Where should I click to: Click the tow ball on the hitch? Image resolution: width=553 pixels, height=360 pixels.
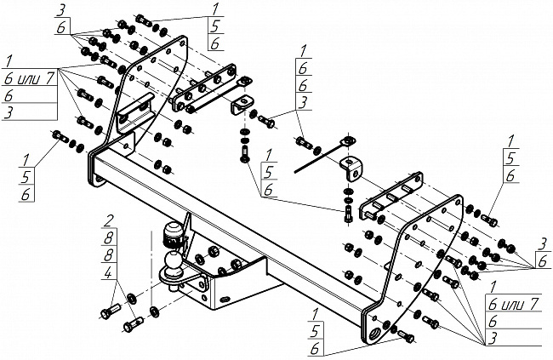174,260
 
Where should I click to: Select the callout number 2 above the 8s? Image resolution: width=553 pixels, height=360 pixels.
109,221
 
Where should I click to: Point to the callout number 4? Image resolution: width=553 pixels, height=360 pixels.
109,273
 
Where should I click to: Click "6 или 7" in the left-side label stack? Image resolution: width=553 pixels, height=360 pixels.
29,79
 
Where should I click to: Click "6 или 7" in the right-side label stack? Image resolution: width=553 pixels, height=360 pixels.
514,304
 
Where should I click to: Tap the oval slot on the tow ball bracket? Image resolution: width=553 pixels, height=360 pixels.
225,300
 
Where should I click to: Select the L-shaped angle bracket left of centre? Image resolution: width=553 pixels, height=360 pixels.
242,104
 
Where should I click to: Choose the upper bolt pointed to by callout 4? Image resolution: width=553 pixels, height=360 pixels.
111,311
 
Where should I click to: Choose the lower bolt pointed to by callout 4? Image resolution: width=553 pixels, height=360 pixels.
134,324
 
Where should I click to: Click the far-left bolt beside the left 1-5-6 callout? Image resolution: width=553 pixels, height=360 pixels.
60,136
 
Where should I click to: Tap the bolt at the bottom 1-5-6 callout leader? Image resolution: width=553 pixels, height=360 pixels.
406,336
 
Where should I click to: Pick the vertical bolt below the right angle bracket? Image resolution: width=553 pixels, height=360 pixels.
348,214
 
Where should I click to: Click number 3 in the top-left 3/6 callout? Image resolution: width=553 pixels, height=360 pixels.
60,12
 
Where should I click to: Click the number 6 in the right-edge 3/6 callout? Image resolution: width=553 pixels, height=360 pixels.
543,261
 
